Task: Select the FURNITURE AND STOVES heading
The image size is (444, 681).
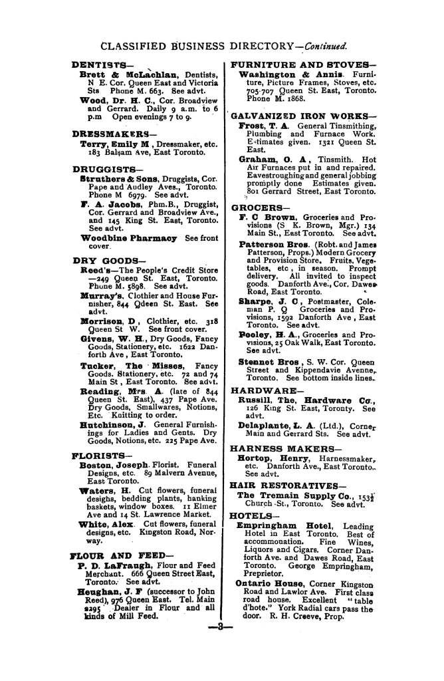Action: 304,65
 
